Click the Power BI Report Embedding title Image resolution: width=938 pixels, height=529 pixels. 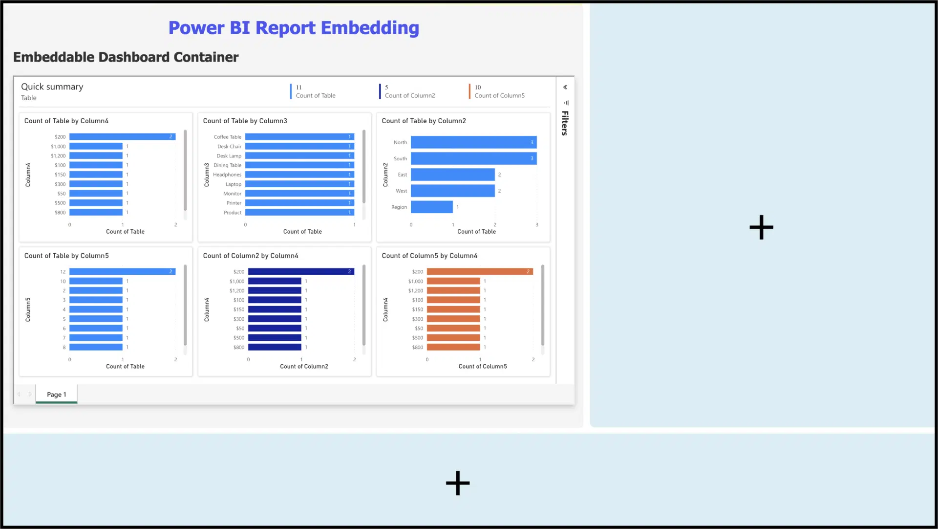(x=294, y=28)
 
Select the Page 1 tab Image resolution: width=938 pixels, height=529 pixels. (x=57, y=395)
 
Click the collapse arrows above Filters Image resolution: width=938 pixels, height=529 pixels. (x=565, y=88)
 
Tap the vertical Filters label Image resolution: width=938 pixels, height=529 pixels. (x=565, y=123)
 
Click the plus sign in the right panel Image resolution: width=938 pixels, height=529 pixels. (x=761, y=227)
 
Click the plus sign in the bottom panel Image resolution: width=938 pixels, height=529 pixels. (x=458, y=483)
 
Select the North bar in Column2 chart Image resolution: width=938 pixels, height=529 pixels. (x=473, y=142)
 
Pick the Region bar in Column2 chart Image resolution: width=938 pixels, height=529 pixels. (x=431, y=207)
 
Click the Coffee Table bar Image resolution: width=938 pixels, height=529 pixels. (x=299, y=137)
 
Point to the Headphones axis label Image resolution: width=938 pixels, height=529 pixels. (x=227, y=175)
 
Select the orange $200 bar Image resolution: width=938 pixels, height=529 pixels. (x=479, y=272)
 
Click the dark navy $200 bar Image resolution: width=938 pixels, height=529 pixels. (x=300, y=272)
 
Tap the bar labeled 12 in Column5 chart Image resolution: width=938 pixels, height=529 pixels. (x=122, y=272)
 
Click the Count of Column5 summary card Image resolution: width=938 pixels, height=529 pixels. (x=499, y=91)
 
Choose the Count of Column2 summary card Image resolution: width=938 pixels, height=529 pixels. (x=409, y=91)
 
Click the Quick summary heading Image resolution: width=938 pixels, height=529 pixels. (x=52, y=87)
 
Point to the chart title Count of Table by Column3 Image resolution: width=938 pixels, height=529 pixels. (x=245, y=121)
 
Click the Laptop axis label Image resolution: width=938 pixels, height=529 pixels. (x=234, y=184)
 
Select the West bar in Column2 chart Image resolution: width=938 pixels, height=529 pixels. (x=452, y=191)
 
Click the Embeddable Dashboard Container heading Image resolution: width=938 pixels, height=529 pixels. (x=126, y=57)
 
